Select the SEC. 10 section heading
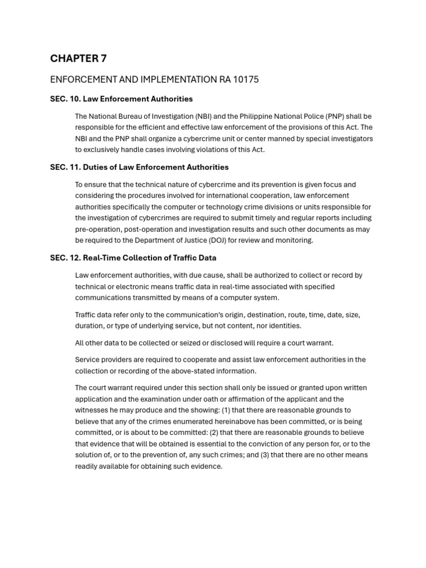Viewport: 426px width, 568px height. point(121,99)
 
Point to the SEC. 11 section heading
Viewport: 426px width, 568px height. point(139,167)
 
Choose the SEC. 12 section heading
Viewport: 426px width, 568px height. point(133,257)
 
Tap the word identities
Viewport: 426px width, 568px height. point(283,326)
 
